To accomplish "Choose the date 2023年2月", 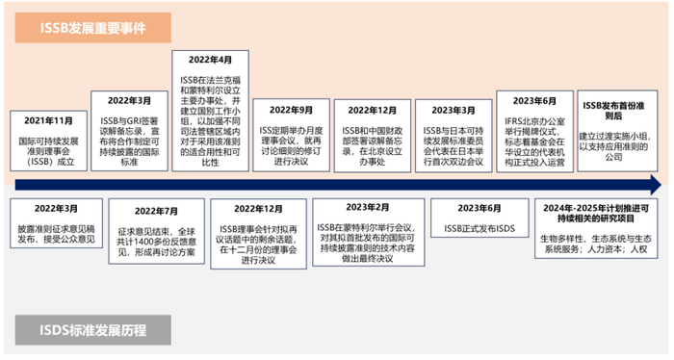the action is (370, 206).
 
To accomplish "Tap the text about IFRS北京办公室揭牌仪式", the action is (535, 137).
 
